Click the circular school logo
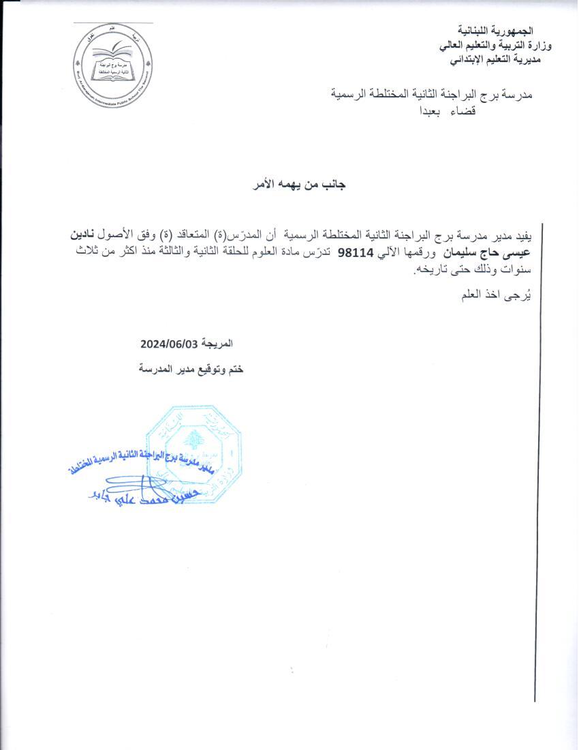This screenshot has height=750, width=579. (114, 63)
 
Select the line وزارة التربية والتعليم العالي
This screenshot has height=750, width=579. (495, 46)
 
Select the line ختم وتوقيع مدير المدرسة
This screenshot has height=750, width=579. (191, 369)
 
